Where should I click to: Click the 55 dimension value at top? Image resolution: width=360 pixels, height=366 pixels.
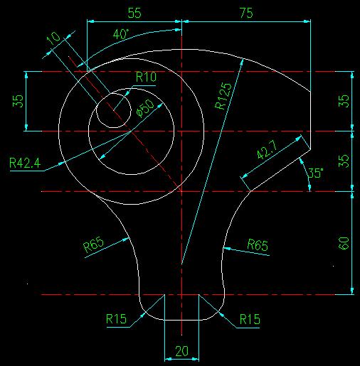tap(134, 13)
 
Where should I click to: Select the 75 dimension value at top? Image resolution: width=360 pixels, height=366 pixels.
tap(246, 13)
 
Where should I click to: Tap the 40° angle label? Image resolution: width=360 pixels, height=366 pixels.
tap(121, 34)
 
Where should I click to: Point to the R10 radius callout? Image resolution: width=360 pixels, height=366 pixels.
tap(146, 77)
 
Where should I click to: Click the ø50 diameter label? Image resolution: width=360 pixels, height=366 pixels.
tap(146, 108)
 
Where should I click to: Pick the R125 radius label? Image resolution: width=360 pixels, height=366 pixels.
tap(223, 96)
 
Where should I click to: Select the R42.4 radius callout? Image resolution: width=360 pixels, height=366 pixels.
tap(25, 163)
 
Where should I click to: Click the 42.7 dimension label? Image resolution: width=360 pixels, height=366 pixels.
tap(267, 150)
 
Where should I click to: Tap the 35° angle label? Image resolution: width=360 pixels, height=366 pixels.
tap(315, 173)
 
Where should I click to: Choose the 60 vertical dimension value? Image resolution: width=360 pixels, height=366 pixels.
tap(344, 243)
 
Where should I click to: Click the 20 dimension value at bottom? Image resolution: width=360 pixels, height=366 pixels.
tap(182, 351)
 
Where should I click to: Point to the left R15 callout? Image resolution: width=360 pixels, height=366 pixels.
tap(116, 319)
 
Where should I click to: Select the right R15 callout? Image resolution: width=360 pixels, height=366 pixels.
tap(250, 319)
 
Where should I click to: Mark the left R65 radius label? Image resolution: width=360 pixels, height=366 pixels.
tap(94, 244)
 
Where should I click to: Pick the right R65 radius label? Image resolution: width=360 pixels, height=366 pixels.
tap(258, 244)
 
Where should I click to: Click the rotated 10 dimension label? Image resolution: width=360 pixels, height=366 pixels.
tap(53, 38)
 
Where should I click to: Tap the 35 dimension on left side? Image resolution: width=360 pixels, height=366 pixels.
tap(18, 101)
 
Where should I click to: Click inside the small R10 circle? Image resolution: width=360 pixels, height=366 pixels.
tap(114, 111)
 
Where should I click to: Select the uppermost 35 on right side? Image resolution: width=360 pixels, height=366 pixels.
tap(344, 101)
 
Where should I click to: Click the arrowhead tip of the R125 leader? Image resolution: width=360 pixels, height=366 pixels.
tap(243, 59)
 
